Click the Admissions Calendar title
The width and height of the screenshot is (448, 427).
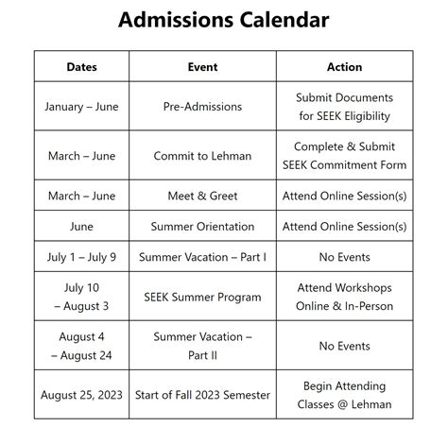(223, 20)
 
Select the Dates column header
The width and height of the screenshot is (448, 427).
(81, 67)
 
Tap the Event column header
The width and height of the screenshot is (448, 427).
(202, 67)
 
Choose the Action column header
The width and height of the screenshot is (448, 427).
(344, 67)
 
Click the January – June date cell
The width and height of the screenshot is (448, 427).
(81, 107)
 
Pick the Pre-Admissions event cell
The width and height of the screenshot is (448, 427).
(202, 107)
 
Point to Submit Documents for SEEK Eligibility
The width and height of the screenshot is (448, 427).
(344, 107)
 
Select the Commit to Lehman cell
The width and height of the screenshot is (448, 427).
(202, 156)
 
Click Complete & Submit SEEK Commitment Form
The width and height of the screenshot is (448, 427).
(344, 156)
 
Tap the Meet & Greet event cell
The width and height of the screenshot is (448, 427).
(202, 196)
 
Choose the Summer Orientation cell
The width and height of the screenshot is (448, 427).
(202, 227)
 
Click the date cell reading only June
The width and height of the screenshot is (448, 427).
(81, 227)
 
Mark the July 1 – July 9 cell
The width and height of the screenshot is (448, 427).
(81, 257)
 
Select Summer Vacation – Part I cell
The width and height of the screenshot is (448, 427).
(202, 257)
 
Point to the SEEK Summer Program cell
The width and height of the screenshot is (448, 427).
(202, 298)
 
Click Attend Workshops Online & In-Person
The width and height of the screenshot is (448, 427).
(344, 298)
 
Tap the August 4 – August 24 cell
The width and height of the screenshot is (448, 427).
(81, 346)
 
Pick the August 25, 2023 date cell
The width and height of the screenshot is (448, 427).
(81, 395)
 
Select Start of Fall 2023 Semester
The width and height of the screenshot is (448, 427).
(202, 395)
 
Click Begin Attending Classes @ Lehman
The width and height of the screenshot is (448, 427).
(344, 395)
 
